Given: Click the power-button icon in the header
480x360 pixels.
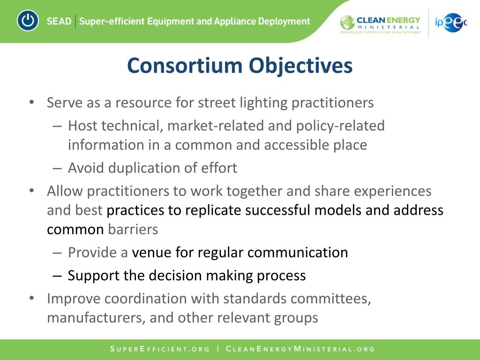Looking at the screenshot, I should [x=28, y=21].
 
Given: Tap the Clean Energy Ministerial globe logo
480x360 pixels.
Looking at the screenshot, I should [x=347, y=22].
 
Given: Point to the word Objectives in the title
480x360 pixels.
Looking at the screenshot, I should [x=300, y=66].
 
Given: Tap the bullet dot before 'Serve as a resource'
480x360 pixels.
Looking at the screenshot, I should [x=31, y=102].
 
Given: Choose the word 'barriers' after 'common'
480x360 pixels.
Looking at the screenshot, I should [x=133, y=229].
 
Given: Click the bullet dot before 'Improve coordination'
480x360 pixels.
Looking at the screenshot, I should [x=31, y=299].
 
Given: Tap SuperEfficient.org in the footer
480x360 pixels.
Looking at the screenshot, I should [x=159, y=349].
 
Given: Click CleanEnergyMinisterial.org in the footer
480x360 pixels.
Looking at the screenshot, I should [x=300, y=349].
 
